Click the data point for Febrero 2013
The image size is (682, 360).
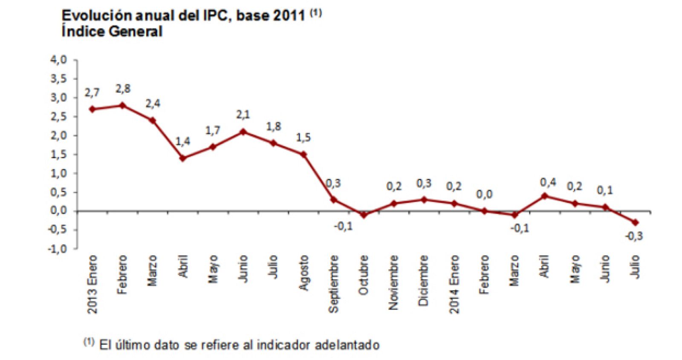click(x=123, y=105)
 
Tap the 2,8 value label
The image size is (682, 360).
click(x=123, y=89)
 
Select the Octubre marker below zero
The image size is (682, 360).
click(x=364, y=215)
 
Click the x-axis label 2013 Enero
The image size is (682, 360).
click(x=92, y=285)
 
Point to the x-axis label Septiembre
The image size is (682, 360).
click(x=334, y=284)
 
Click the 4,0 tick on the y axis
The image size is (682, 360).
click(x=59, y=60)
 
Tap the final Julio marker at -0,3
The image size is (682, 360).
click(x=635, y=222)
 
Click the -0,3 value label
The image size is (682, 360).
click(x=634, y=236)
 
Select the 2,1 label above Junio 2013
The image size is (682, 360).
click(x=243, y=115)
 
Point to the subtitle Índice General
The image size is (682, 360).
click(x=112, y=32)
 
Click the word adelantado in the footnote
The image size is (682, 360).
click(x=347, y=345)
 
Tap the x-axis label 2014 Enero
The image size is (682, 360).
click(x=454, y=284)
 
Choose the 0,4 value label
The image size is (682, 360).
click(x=548, y=183)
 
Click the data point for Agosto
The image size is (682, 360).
click(x=303, y=154)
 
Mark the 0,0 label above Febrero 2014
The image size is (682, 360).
click(x=484, y=195)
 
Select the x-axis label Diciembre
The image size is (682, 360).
click(x=423, y=280)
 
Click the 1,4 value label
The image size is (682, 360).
click(x=183, y=141)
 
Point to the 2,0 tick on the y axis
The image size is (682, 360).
click(x=59, y=135)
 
